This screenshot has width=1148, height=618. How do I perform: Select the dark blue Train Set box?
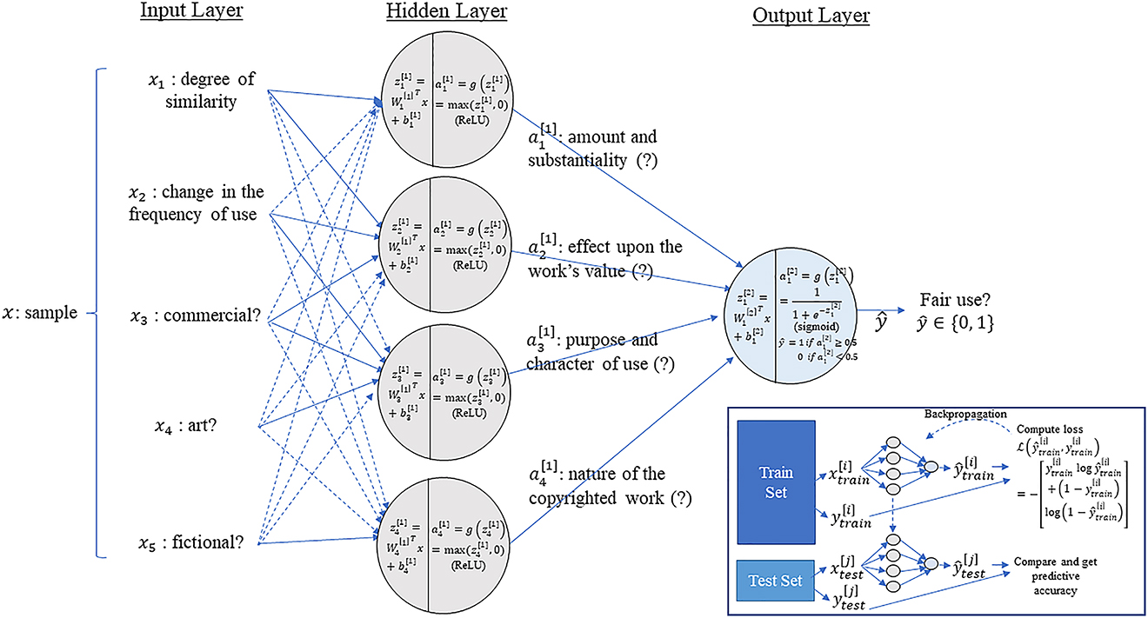click(x=776, y=482)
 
